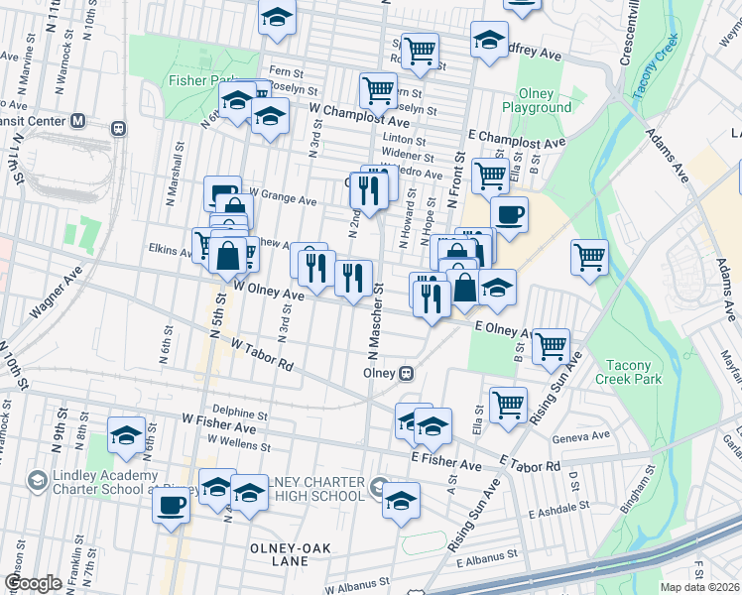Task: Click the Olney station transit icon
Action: tap(406, 374)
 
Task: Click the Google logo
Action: tap(33, 583)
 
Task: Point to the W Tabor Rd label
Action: tap(262, 354)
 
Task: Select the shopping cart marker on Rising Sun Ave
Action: tap(551, 346)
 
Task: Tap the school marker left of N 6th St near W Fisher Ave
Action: tap(126, 435)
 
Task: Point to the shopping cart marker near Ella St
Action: tap(508, 404)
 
